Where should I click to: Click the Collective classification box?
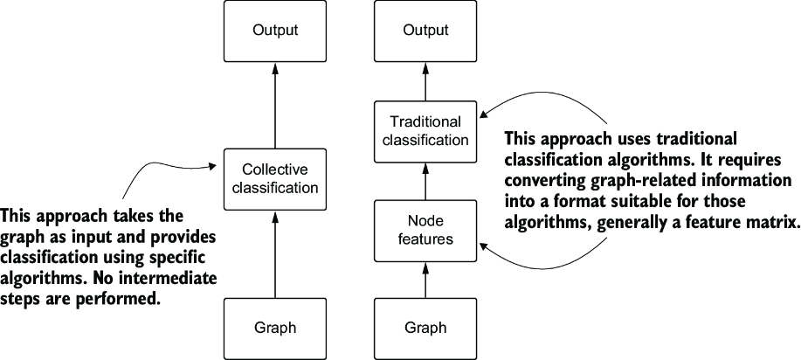[x=275, y=179]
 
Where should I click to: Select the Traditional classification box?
[x=425, y=130]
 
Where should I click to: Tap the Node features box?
[x=425, y=230]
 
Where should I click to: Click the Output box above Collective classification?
[x=275, y=31]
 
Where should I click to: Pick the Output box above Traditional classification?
[x=425, y=31]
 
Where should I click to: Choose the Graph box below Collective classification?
[x=275, y=329]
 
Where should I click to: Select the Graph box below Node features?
[x=425, y=329]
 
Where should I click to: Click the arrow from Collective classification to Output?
[x=275, y=106]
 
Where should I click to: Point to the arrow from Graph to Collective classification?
[x=275, y=254]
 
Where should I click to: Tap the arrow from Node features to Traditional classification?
[x=425, y=180]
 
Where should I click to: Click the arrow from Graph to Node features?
[x=425, y=280]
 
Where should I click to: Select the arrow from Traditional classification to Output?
[x=425, y=81]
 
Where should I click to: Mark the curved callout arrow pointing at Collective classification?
[x=153, y=164]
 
